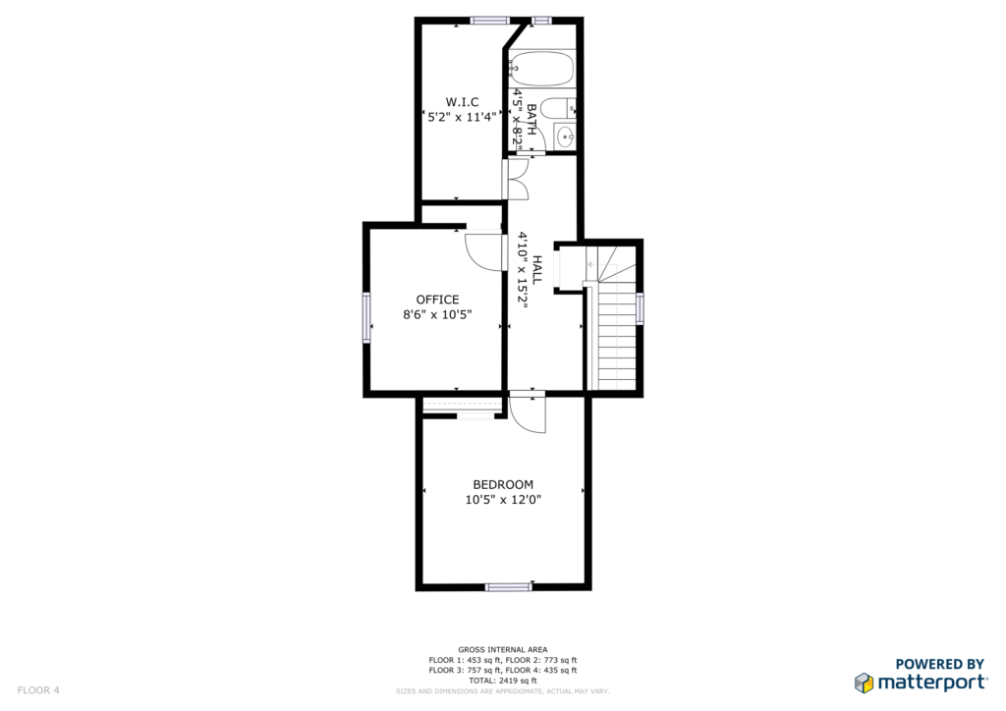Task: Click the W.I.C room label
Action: coord(462,102)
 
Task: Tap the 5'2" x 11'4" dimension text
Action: coord(462,117)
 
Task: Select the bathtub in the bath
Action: coord(542,69)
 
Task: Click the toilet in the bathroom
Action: coord(558,108)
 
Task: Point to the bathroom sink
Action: coord(565,136)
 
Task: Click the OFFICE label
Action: coord(437,300)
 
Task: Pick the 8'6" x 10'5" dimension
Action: coord(437,314)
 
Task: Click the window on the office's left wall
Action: coord(367,317)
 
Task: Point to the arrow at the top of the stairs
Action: coord(593,264)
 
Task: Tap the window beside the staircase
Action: coord(640,308)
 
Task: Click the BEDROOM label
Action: coord(503,485)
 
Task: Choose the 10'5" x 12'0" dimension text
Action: coord(503,500)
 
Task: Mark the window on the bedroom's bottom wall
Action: coord(508,586)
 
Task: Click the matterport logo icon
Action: coord(865,683)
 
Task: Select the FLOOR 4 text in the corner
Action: coord(38,690)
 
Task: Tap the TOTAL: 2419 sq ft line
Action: coord(503,681)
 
